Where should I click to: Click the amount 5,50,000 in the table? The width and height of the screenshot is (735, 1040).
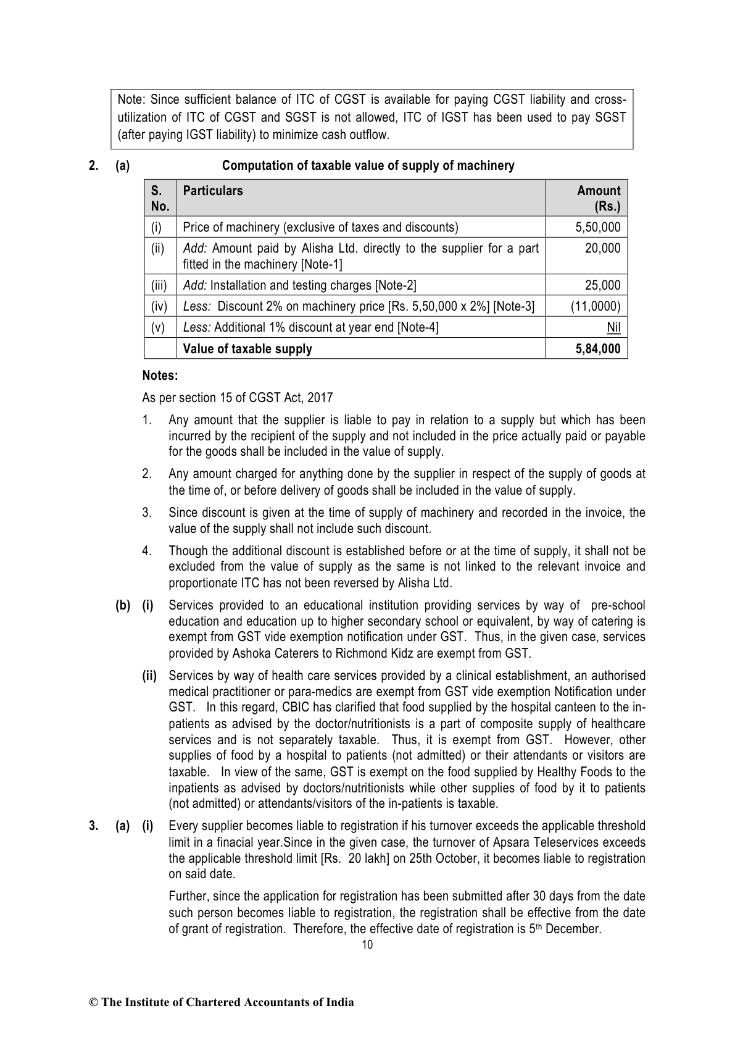tap(597, 227)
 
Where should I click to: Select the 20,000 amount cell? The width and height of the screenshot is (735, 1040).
tap(602, 248)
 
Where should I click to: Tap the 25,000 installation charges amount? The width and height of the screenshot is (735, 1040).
tap(602, 285)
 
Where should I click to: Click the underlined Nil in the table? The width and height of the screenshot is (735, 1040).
tap(613, 327)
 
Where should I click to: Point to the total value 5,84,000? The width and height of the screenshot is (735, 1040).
tap(596, 349)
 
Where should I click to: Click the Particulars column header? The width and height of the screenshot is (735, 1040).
tap(213, 191)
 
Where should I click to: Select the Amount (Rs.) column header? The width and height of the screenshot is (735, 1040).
tap(598, 198)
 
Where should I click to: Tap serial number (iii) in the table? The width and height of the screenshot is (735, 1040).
tap(159, 285)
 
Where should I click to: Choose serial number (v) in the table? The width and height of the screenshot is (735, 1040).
tap(159, 327)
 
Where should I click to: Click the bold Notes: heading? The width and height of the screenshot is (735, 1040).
tap(160, 375)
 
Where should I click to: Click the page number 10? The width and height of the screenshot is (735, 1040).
tap(367, 944)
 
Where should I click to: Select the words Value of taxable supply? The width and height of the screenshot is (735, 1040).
tap(247, 349)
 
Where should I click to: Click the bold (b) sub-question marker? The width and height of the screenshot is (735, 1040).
tap(122, 605)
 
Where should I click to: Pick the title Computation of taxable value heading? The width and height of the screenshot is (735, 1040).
tap(368, 166)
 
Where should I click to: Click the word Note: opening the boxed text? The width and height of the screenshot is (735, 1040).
tap(131, 100)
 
